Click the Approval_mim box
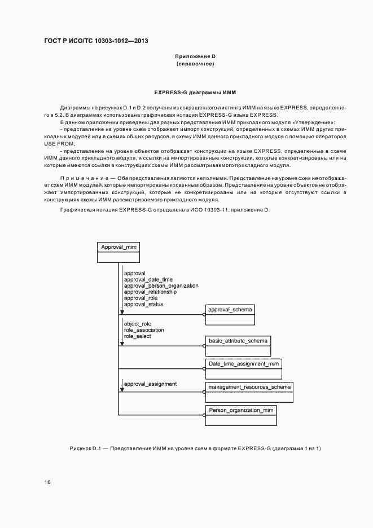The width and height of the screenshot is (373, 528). click(x=118, y=252)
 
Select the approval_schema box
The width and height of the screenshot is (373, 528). click(x=230, y=315)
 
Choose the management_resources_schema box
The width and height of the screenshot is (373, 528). click(x=249, y=392)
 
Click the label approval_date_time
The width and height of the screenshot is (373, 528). click(x=148, y=279)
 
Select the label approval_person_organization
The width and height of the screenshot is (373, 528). click(x=161, y=286)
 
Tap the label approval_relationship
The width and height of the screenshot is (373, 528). click(x=150, y=292)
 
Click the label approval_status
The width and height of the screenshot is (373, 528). click(x=143, y=305)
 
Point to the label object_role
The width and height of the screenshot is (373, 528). click(x=137, y=324)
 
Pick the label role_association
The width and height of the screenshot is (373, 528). click(x=144, y=330)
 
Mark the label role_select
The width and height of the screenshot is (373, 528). click(x=137, y=336)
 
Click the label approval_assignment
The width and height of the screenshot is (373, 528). click(x=150, y=384)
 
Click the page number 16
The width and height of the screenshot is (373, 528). click(x=47, y=482)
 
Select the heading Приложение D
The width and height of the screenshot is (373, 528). click(x=195, y=56)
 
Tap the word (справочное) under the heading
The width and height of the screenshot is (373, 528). click(x=195, y=64)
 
